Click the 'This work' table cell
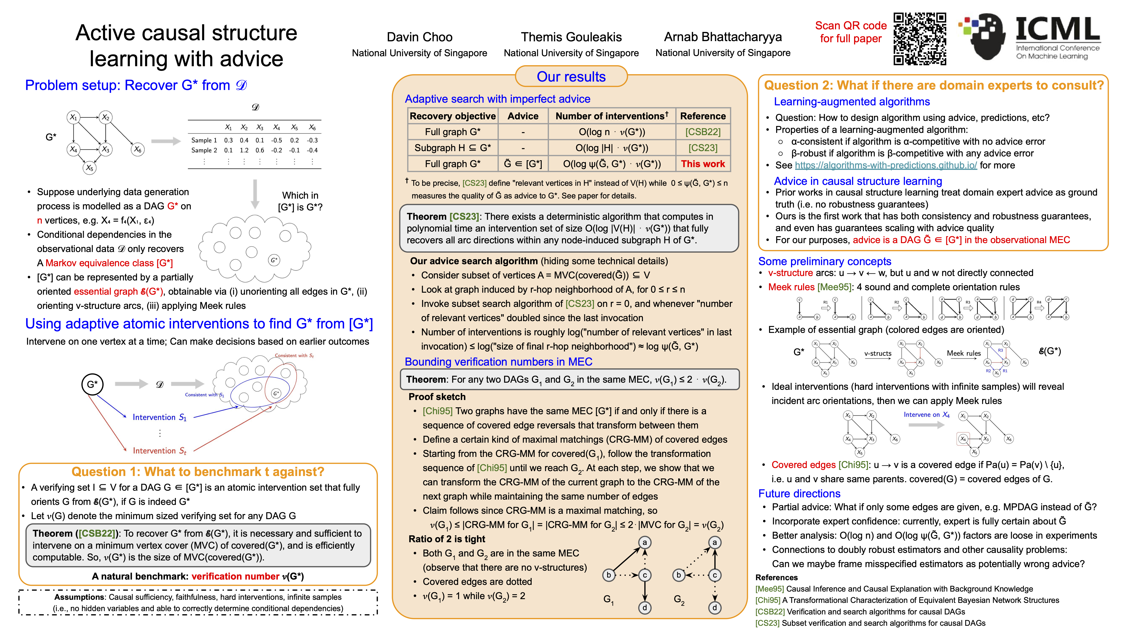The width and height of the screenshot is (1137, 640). pyautogui.click(x=703, y=164)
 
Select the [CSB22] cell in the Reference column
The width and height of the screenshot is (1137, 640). pyautogui.click(x=703, y=132)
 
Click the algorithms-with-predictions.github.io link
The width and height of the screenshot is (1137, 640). pyautogui.click(x=885, y=165)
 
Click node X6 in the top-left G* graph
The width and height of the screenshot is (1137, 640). pyautogui.click(x=138, y=150)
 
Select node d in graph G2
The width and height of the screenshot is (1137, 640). pyautogui.click(x=715, y=608)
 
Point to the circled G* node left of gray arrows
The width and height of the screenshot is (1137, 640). pyautogui.click(x=92, y=384)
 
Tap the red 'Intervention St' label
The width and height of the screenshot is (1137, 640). pyautogui.click(x=159, y=450)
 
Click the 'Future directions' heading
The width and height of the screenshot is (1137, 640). pyautogui.click(x=799, y=493)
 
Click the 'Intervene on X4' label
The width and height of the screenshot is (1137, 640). pyautogui.click(x=926, y=415)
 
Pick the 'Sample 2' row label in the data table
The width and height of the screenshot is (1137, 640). pyautogui.click(x=204, y=150)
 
